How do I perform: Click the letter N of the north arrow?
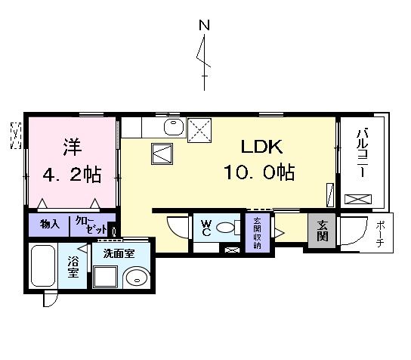click(203, 25)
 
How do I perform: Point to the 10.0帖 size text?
click(258, 173)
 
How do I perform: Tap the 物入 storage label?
click(50, 225)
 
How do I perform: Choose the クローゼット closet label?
click(91, 225)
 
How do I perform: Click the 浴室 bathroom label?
click(73, 267)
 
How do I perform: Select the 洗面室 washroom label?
click(119, 253)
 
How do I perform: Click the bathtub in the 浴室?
click(43, 265)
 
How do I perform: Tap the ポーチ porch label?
click(379, 233)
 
